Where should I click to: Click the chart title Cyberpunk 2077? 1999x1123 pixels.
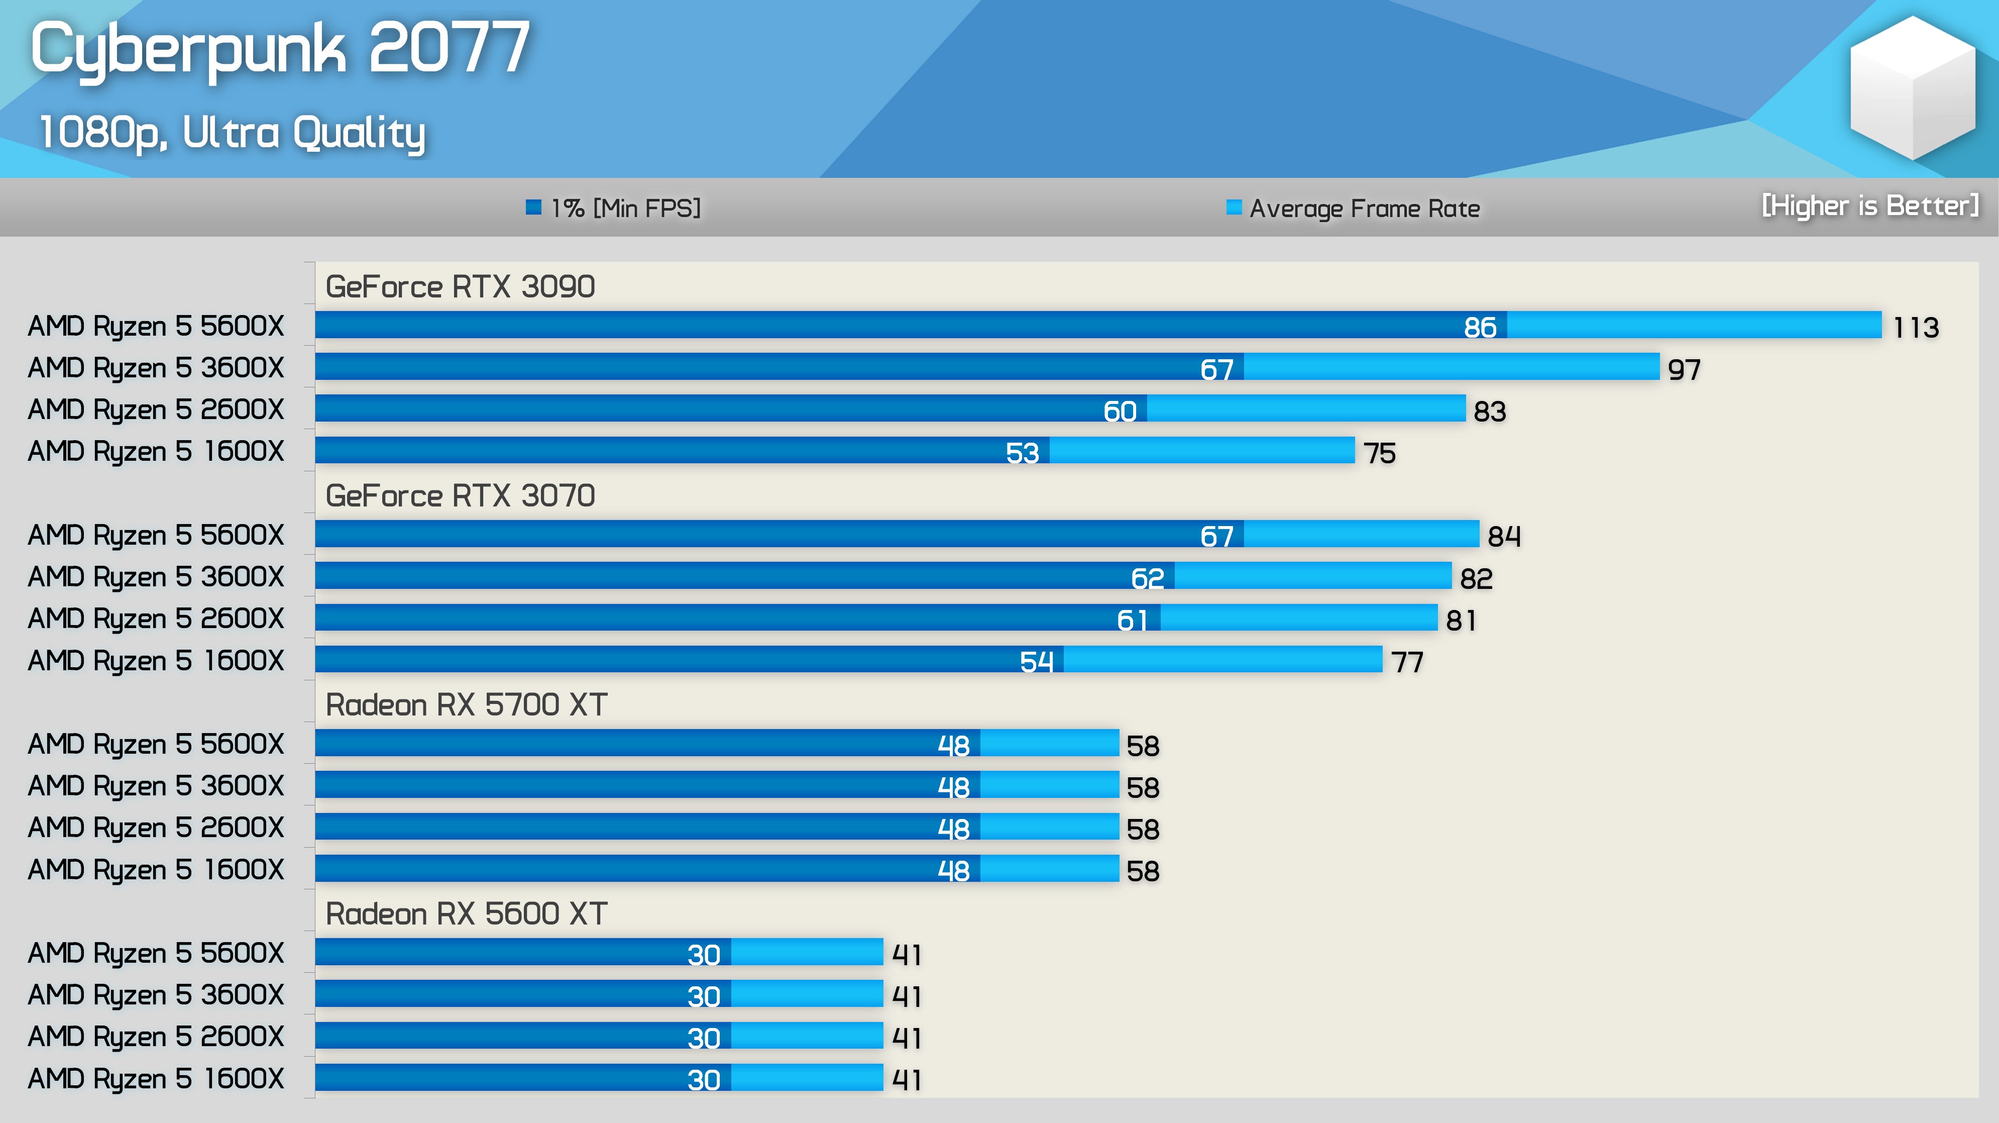pyautogui.click(x=279, y=48)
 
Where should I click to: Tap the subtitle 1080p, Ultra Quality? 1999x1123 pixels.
pyautogui.click(x=231, y=133)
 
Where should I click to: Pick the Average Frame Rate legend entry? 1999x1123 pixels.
pyautogui.click(x=1354, y=208)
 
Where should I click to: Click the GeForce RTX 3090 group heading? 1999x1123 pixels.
pyautogui.click(x=460, y=287)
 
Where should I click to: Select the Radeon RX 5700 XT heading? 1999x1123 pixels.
pyautogui.click(x=466, y=704)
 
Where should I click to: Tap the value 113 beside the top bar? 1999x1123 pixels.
pyautogui.click(x=1915, y=328)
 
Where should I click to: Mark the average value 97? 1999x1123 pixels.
pyautogui.click(x=1684, y=369)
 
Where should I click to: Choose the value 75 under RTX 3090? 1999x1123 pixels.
pyautogui.click(x=1379, y=453)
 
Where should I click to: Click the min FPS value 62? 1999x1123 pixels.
pyautogui.click(x=1147, y=579)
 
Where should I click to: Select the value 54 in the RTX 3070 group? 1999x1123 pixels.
pyautogui.click(x=1036, y=662)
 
